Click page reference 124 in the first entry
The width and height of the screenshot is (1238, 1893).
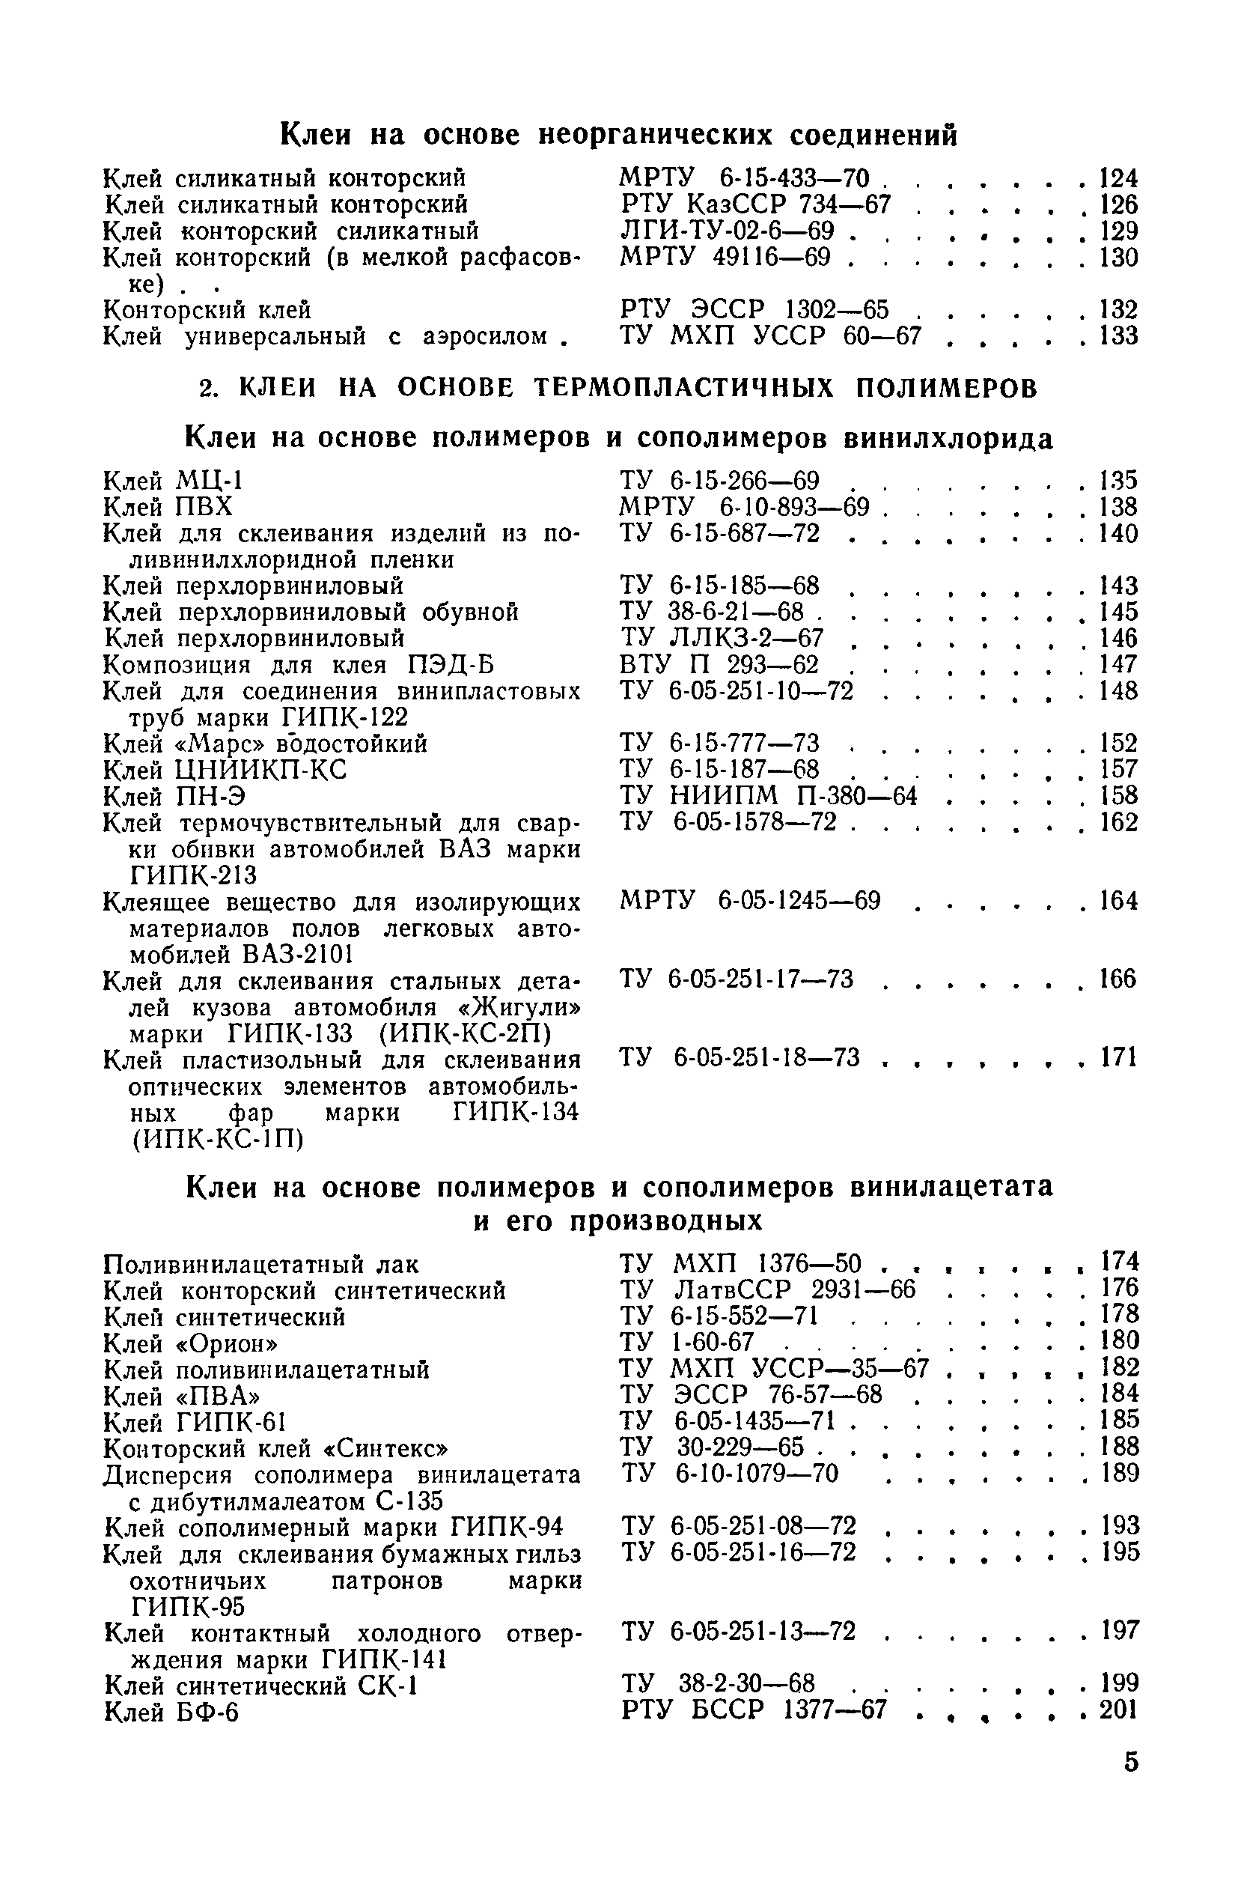tap(1118, 178)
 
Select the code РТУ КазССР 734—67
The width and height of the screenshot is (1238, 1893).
tap(755, 205)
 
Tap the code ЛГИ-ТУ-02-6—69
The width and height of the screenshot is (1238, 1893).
tap(727, 231)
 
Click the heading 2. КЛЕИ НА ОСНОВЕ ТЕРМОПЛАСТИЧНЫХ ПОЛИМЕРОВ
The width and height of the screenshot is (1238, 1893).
tap(618, 387)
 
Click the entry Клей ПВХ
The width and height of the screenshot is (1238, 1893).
tap(168, 507)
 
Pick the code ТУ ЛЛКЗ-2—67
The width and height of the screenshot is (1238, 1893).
tap(722, 638)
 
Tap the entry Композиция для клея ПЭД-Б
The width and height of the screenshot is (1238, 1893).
tap(299, 664)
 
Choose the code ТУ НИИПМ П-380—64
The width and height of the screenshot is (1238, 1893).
tap(768, 796)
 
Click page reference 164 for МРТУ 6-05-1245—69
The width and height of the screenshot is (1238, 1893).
tap(1118, 901)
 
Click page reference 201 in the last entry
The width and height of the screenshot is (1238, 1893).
tap(1119, 1710)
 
